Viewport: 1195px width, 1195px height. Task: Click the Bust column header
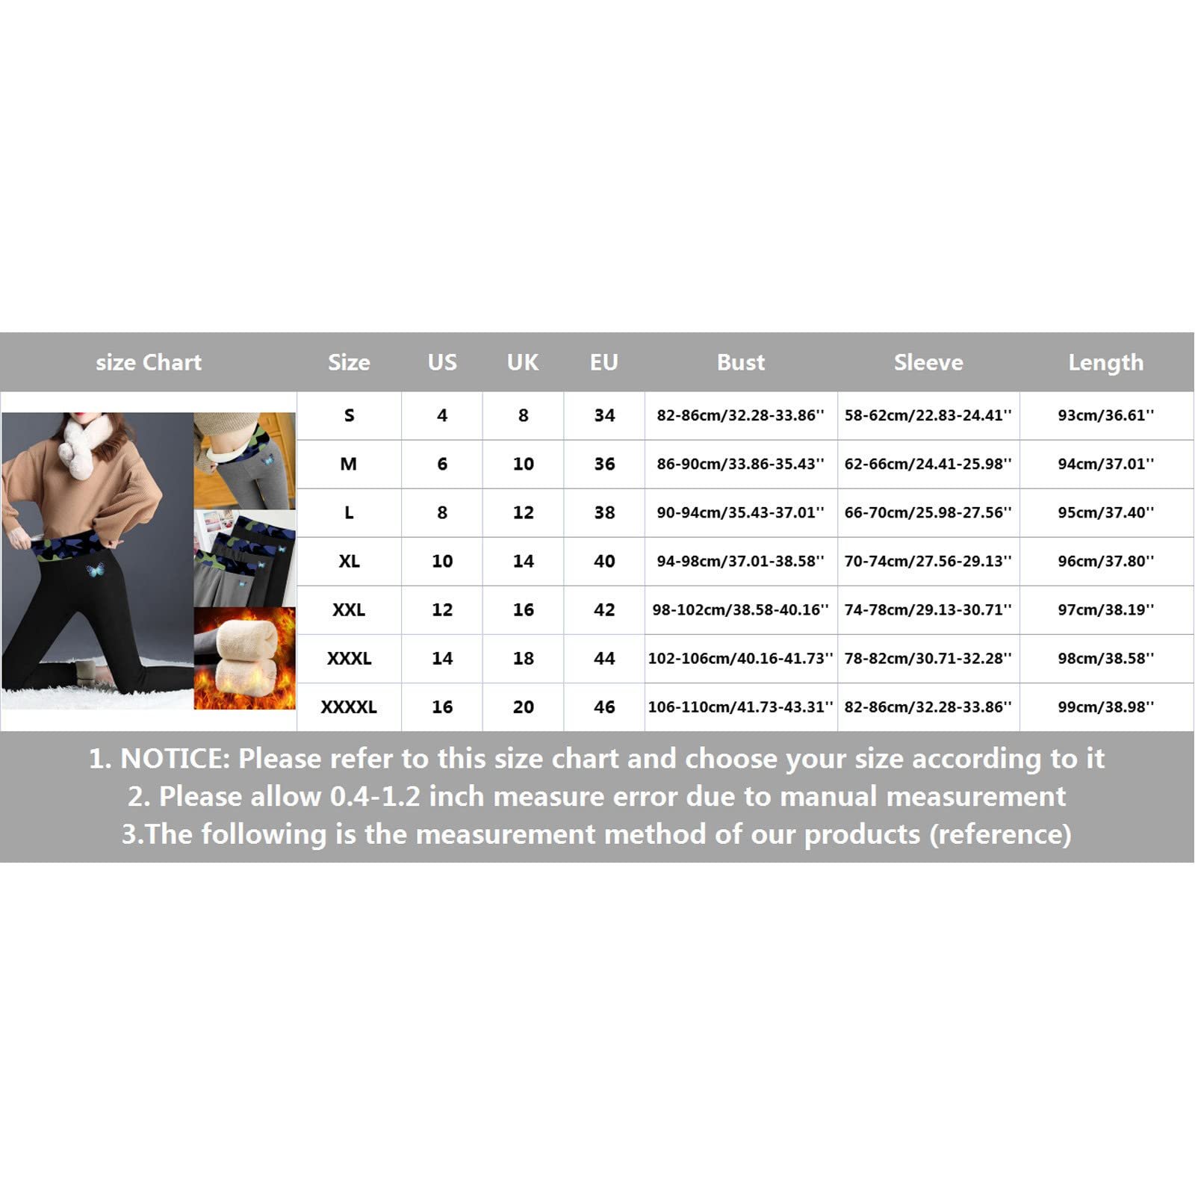tap(740, 362)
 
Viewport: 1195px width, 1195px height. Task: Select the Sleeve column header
tap(928, 362)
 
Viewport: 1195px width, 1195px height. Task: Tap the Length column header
tap(1105, 363)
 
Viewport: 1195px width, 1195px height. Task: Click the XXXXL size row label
tap(349, 707)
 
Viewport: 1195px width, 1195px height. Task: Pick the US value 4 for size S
tap(442, 415)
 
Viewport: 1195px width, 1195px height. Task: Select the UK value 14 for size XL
tap(523, 561)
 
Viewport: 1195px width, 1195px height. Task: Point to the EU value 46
tap(604, 707)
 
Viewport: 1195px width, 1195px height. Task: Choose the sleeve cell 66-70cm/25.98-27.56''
tap(928, 512)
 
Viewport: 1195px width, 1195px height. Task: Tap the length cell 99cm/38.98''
tap(1106, 707)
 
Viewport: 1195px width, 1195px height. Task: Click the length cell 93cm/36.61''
tap(1106, 415)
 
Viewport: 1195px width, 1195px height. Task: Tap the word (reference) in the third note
tap(1000, 834)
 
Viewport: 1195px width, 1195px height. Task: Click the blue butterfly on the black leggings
tap(95, 571)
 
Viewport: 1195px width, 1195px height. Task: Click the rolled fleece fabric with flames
tap(245, 657)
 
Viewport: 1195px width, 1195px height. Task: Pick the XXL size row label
tap(349, 609)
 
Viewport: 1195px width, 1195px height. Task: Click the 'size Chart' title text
tap(149, 362)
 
